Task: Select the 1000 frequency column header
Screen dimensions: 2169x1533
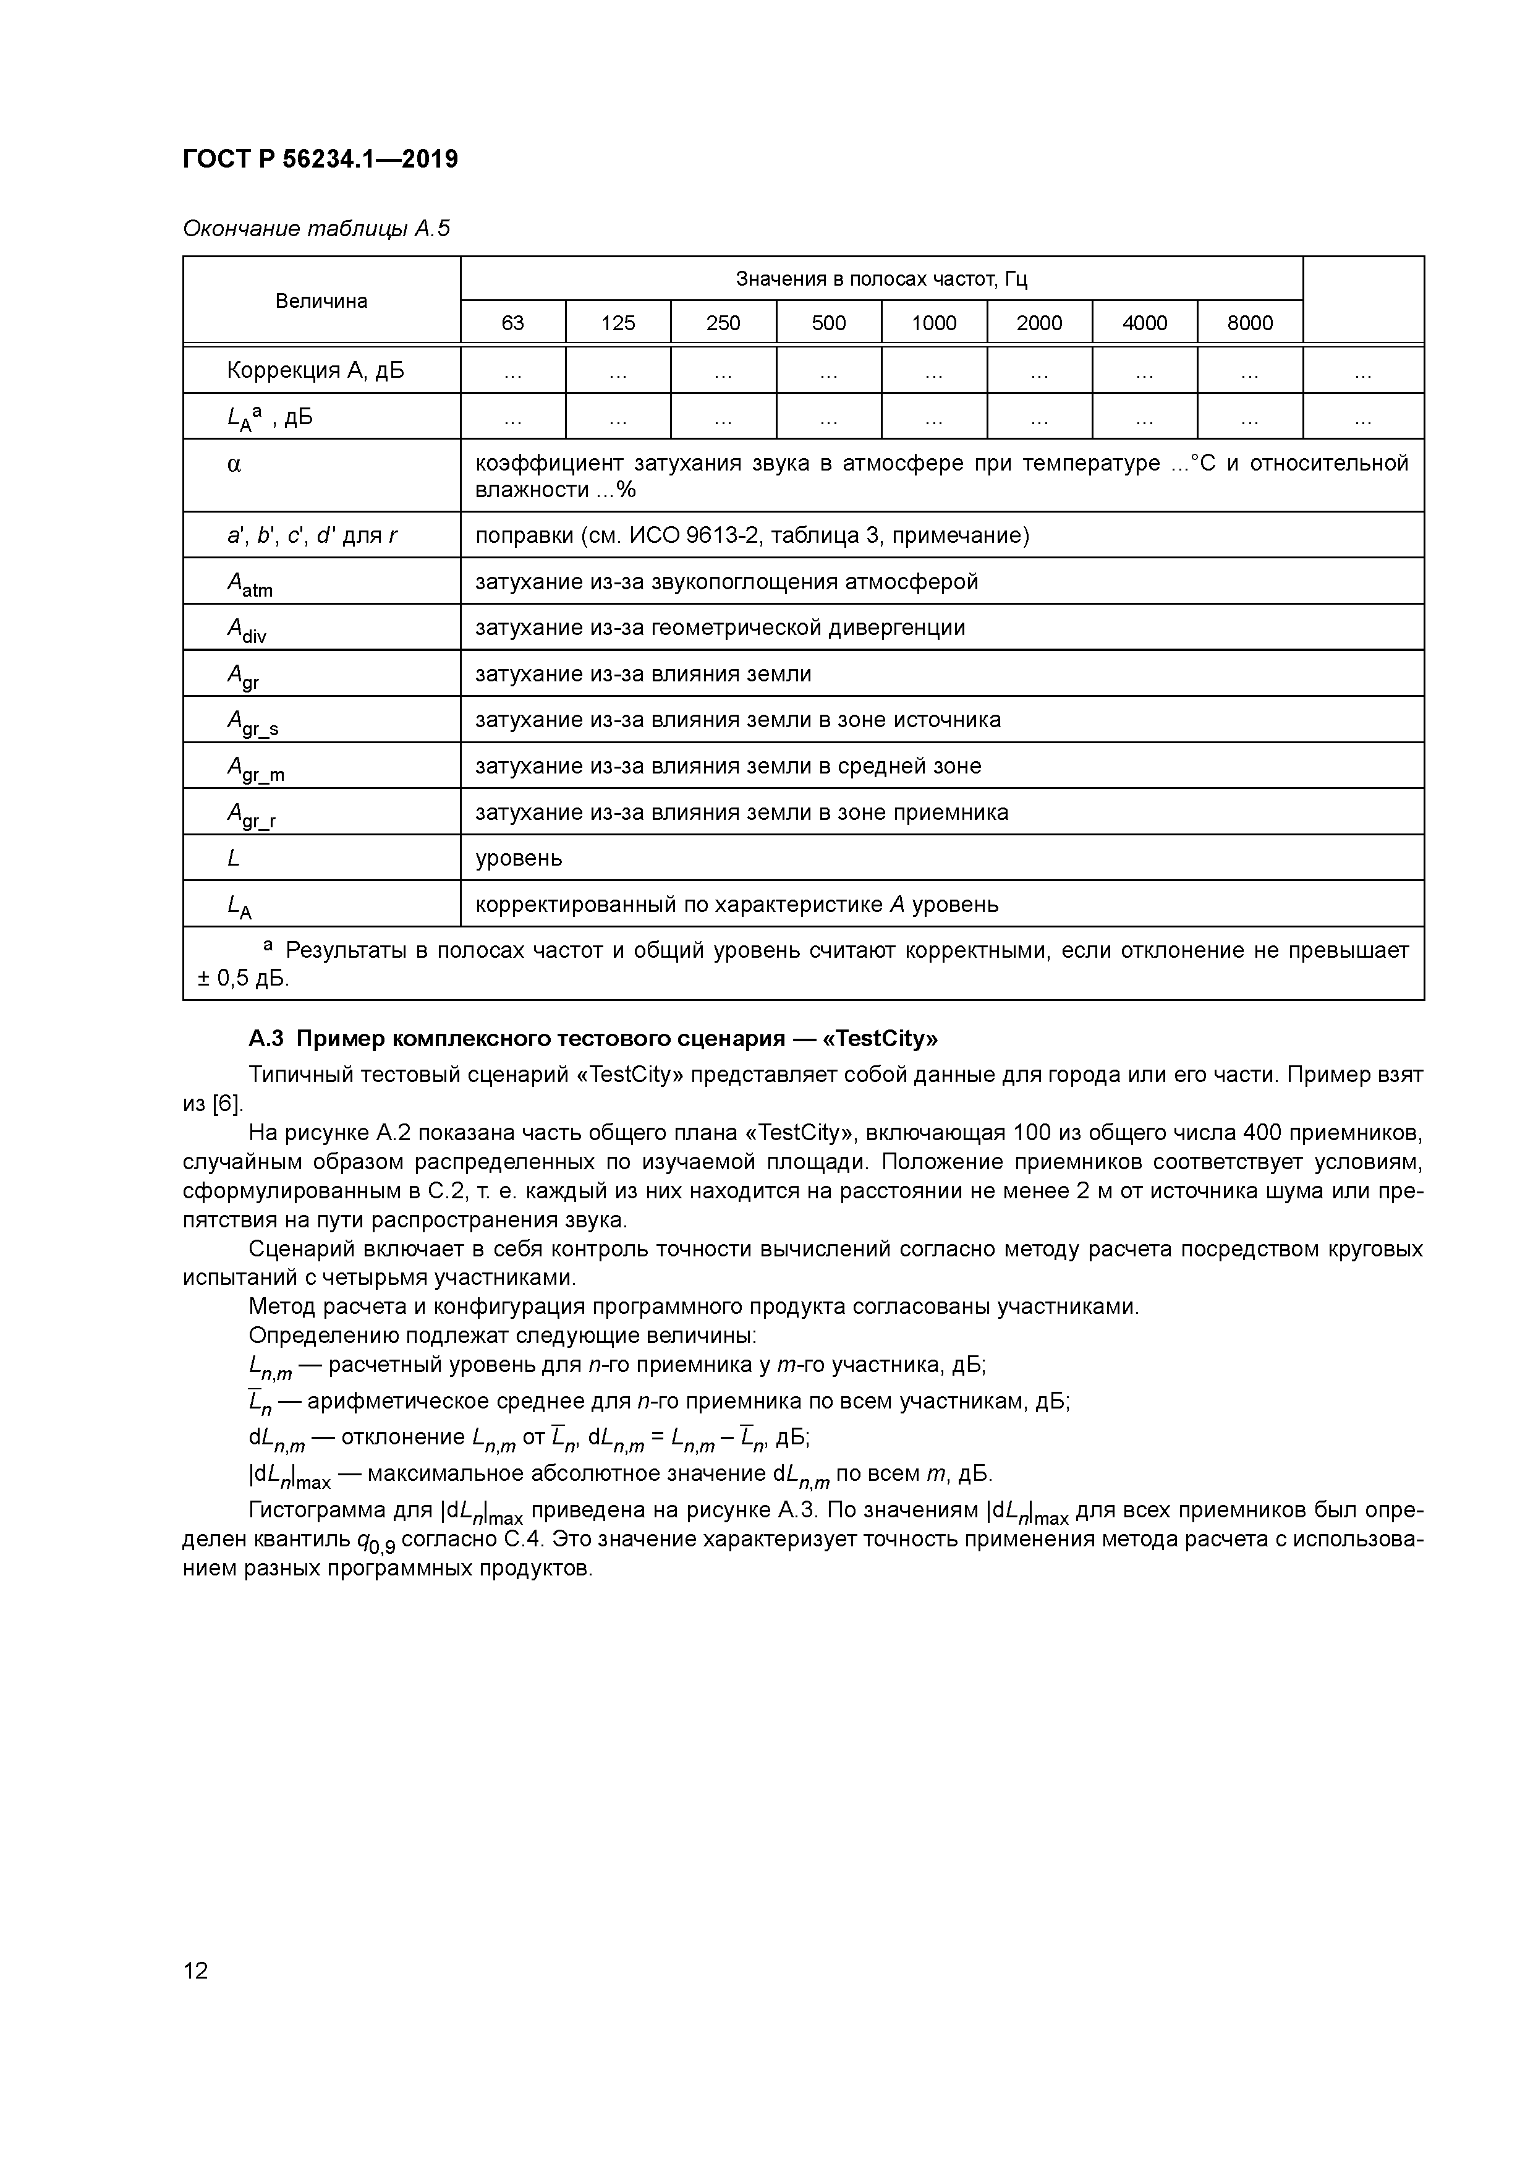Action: coord(933,323)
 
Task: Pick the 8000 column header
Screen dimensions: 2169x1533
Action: coord(1250,323)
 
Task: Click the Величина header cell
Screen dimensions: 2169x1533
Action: coord(321,301)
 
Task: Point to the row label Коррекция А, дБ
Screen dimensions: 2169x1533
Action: coord(315,370)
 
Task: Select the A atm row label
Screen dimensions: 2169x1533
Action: coord(249,584)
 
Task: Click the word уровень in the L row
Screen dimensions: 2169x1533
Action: coord(519,858)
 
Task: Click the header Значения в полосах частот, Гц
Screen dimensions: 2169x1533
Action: coord(881,279)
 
